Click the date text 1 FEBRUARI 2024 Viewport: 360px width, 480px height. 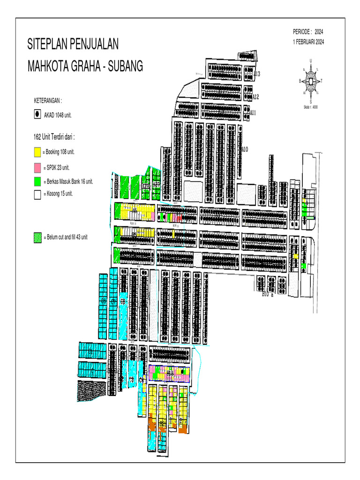(308, 42)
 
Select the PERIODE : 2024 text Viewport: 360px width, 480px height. (308, 32)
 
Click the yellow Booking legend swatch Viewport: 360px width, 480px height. (37, 152)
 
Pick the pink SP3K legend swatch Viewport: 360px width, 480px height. (37, 167)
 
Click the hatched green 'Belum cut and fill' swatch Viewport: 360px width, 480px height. (37, 238)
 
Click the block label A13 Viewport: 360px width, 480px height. (257, 74)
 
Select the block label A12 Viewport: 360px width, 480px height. (255, 97)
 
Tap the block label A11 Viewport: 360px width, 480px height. (253, 113)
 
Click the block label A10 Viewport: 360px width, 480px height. (244, 149)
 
